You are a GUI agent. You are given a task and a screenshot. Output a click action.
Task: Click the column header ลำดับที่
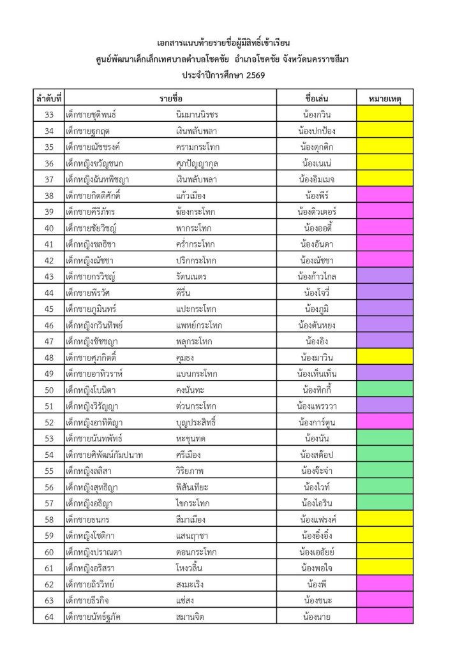(x=48, y=99)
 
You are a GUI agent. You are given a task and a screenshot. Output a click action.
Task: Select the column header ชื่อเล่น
(x=317, y=99)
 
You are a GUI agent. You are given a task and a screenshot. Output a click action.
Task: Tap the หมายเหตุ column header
(x=385, y=99)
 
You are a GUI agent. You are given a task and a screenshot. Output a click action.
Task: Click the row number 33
(x=48, y=115)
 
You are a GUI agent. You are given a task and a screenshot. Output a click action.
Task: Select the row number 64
(x=48, y=617)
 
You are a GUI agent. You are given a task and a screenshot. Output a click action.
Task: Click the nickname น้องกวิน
(x=317, y=115)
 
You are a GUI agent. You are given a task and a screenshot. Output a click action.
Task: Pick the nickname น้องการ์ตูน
(x=317, y=422)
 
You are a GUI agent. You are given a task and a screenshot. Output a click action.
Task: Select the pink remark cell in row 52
(x=385, y=422)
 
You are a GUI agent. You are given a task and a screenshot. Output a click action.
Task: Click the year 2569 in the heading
(x=252, y=75)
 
